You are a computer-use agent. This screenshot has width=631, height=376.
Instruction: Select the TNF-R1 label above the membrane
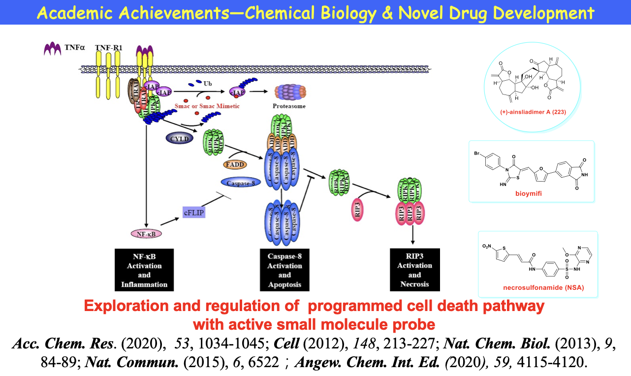[x=109, y=48]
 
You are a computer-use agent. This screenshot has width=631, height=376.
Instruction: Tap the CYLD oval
[x=180, y=139]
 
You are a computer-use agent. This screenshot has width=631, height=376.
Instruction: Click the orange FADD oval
[x=235, y=164]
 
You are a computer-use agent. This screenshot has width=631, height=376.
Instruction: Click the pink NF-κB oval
[x=146, y=234]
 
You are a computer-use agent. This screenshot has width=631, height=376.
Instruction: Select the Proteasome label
[x=289, y=106]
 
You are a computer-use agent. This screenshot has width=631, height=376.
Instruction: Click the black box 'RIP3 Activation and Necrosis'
[x=414, y=270]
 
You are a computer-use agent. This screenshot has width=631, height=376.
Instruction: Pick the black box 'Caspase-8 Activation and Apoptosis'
[x=284, y=270]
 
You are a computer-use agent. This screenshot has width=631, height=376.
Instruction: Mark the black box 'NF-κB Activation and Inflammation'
[x=144, y=270]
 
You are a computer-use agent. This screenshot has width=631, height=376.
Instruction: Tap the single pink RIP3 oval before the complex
[x=358, y=210]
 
